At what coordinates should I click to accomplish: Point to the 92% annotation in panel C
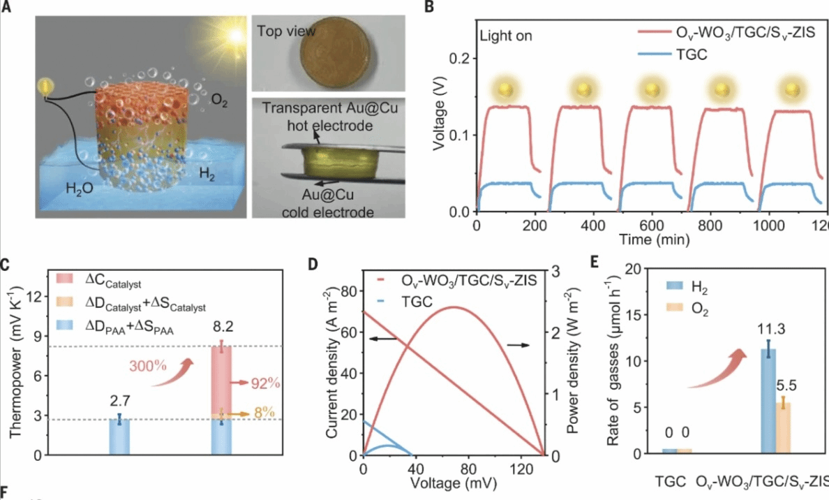[x=267, y=383]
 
